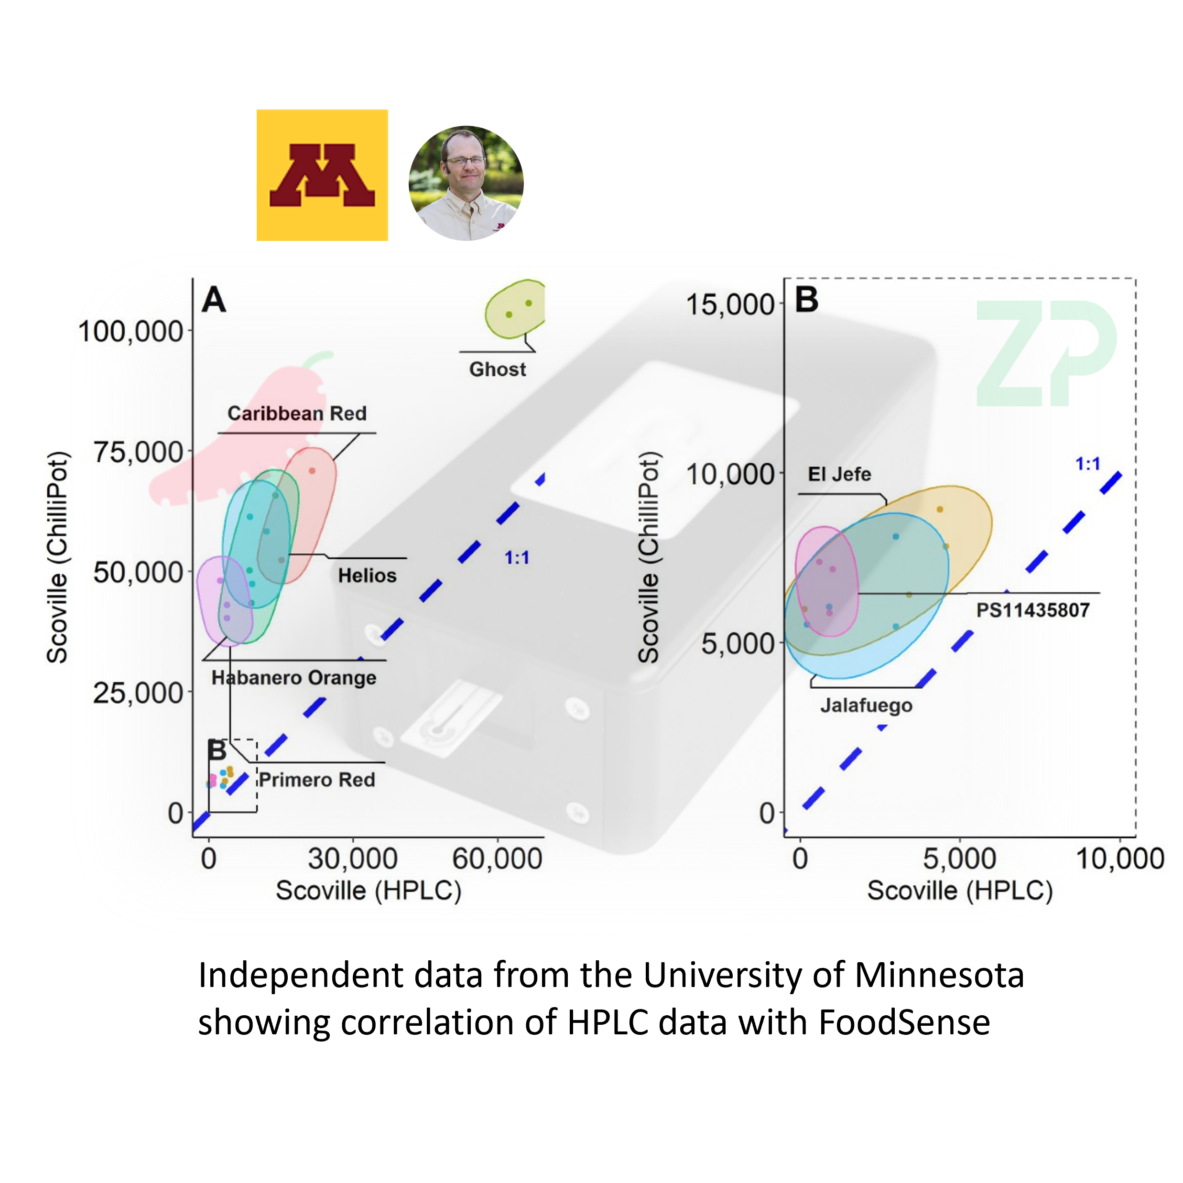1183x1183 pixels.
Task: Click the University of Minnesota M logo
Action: (322, 175)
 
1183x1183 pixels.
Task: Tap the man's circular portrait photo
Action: (466, 183)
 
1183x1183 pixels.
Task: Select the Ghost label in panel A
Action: (497, 369)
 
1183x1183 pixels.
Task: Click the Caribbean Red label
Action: (297, 413)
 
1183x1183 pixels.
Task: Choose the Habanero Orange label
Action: (294, 677)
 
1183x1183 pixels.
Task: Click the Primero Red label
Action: (316, 780)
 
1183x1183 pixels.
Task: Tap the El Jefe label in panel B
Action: (839, 474)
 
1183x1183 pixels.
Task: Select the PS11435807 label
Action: (1032, 610)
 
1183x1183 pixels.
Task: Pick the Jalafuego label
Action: (866, 705)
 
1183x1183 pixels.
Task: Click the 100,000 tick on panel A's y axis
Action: (131, 331)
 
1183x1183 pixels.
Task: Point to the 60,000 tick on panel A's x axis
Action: (497, 859)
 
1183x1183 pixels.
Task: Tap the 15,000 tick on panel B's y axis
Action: (730, 304)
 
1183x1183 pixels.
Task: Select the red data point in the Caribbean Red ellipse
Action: (312, 471)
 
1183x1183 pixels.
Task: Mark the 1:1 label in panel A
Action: (516, 558)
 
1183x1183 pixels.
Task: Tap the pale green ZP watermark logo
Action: (1046, 353)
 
